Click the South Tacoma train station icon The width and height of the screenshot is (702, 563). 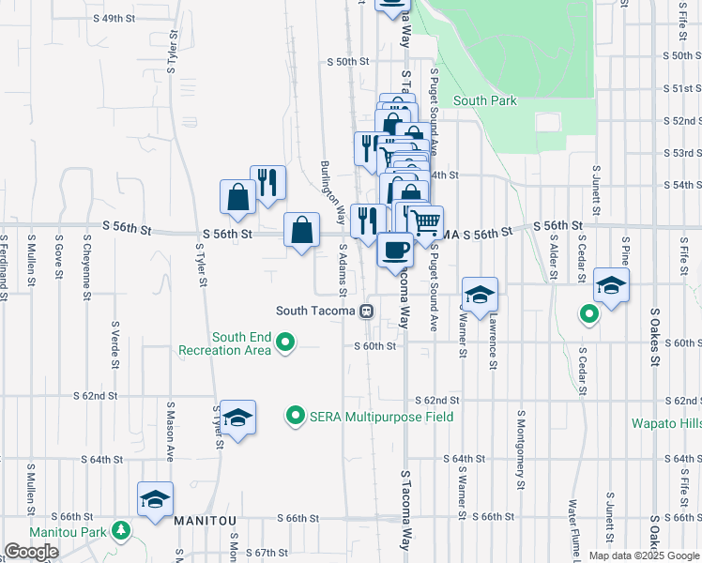click(x=368, y=311)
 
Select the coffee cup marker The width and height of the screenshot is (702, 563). click(x=395, y=250)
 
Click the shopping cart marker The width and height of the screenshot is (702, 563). click(x=426, y=222)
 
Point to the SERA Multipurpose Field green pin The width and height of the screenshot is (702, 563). click(x=296, y=415)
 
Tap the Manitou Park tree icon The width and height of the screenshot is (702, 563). click(x=120, y=531)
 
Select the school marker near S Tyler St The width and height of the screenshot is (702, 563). click(x=238, y=418)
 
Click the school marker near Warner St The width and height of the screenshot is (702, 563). click(x=480, y=295)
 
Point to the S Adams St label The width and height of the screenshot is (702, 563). click(x=343, y=268)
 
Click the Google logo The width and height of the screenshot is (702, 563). click(x=31, y=552)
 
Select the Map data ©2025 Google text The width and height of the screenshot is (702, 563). click(x=644, y=555)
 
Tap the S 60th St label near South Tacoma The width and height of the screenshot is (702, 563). click(x=374, y=346)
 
